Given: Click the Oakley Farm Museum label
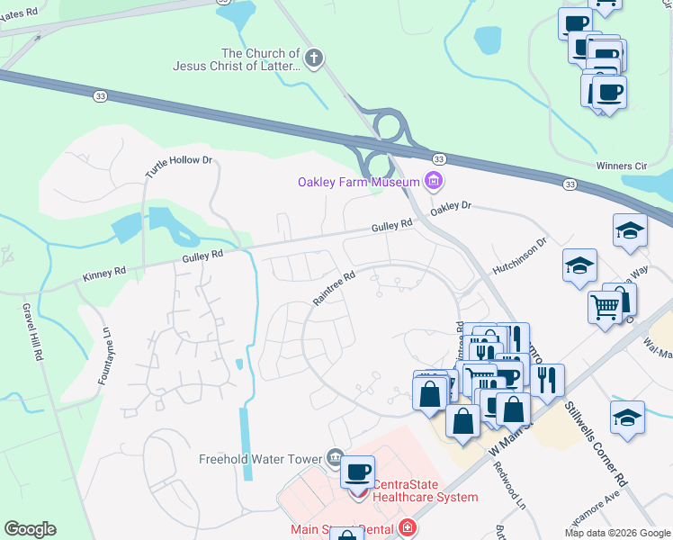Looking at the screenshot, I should click(x=359, y=183).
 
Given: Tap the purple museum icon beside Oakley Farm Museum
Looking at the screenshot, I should click(x=435, y=182).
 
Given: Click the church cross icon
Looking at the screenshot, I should click(x=314, y=59).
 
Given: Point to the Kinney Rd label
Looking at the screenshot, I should click(x=100, y=274).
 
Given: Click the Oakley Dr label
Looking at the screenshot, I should click(x=450, y=206).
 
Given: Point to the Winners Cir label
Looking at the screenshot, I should click(x=621, y=166).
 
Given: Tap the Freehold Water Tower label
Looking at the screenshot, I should click(x=260, y=459).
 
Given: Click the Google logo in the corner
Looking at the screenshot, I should click(x=30, y=529).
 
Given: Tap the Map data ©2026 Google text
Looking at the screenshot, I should click(x=617, y=533).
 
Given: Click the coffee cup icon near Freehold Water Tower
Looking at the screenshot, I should click(x=358, y=472).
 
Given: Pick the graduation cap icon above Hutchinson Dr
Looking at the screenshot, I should click(x=630, y=230).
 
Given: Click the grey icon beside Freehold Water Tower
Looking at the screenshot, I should click(x=335, y=456).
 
